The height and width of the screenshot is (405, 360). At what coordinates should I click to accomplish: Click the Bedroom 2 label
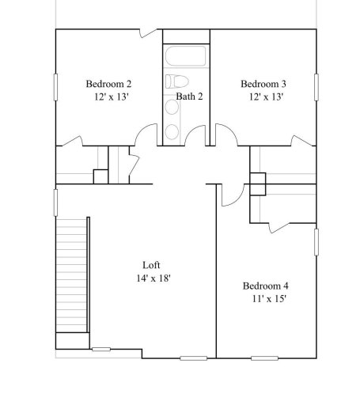tap(108, 83)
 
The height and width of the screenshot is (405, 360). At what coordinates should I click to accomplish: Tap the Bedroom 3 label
tap(263, 83)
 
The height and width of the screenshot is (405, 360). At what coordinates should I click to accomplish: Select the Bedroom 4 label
tap(265, 286)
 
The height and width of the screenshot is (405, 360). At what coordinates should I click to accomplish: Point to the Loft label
tap(153, 265)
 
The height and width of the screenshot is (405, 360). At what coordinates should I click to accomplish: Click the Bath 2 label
tap(190, 97)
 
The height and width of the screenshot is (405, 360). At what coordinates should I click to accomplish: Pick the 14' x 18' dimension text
tap(153, 278)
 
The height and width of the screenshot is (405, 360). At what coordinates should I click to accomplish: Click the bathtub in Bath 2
tap(186, 57)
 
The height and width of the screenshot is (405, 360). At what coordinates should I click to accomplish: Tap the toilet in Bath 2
tap(175, 81)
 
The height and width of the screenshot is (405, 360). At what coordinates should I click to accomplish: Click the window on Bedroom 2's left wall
tap(55, 87)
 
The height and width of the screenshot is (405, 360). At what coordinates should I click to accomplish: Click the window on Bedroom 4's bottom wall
tap(266, 358)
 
